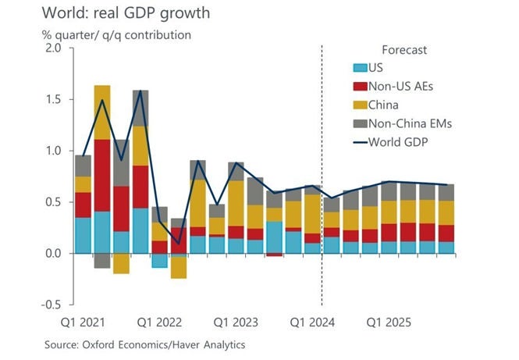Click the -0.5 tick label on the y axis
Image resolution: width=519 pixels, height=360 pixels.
pos(50,305)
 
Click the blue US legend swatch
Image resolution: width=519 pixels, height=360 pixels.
pos(358,68)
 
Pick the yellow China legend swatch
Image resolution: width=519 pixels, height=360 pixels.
pos(358,104)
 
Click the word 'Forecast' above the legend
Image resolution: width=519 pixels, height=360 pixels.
pos(404,50)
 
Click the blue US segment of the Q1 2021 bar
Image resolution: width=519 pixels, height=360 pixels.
pos(83,235)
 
